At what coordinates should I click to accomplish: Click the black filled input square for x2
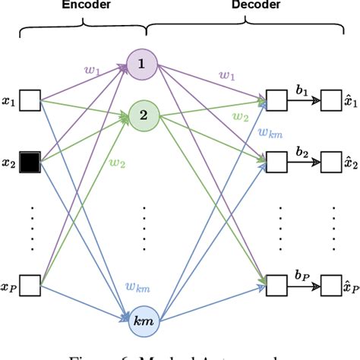pyautogui.click(x=30, y=162)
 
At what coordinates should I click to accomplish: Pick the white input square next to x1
pyautogui.click(x=30, y=99)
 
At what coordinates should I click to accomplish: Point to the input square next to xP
pyautogui.click(x=30, y=286)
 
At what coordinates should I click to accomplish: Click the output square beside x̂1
pyautogui.click(x=331, y=99)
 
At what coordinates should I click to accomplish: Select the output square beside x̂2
pyautogui.click(x=331, y=162)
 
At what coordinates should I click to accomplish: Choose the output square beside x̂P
pyautogui.click(x=331, y=286)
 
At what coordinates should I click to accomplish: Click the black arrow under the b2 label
pyautogui.click(x=302, y=162)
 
